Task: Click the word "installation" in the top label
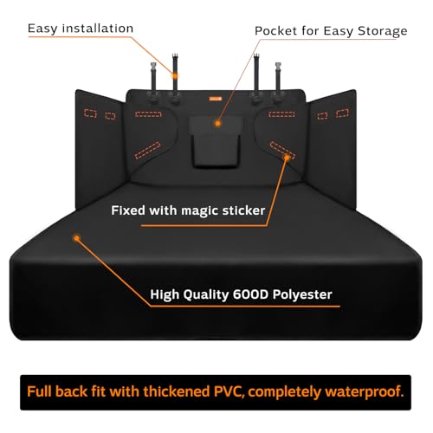(98, 29)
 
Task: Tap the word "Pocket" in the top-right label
(274, 30)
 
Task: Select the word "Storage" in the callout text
(383, 31)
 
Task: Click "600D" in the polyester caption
(251, 294)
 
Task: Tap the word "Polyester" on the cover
(302, 294)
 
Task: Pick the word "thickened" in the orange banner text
(177, 391)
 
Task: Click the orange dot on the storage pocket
(217, 124)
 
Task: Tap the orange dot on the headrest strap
(175, 76)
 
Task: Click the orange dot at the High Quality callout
(76, 238)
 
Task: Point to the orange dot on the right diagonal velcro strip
(287, 158)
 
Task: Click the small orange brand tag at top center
(216, 99)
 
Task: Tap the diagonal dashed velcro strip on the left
(147, 150)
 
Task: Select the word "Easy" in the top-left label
(42, 29)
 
